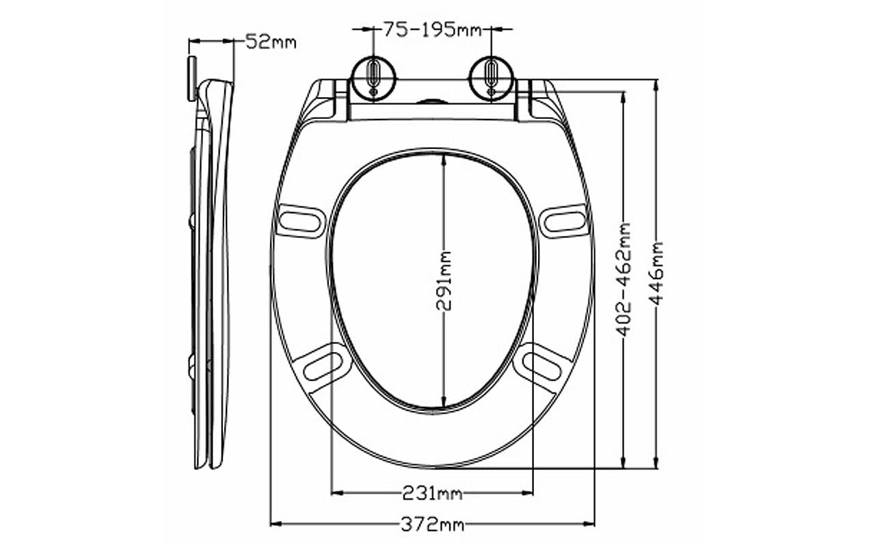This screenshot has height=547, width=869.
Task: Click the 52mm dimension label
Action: pyautogui.click(x=271, y=42)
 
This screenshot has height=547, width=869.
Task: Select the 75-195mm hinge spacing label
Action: pyautogui.click(x=432, y=29)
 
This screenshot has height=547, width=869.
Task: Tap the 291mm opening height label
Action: pyautogui.click(x=444, y=281)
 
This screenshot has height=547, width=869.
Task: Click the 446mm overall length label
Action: pyautogui.click(x=656, y=273)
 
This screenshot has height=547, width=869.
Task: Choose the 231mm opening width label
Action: pyautogui.click(x=432, y=492)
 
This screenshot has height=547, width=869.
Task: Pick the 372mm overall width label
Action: pyautogui.click(x=432, y=524)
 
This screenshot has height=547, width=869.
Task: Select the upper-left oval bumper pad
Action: pyautogui.click(x=301, y=221)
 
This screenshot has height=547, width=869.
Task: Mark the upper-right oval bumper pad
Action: pyautogui.click(x=564, y=221)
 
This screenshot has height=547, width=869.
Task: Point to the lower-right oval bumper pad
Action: pyautogui.click(x=542, y=364)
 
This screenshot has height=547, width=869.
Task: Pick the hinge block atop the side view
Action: pyautogui.click(x=192, y=78)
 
